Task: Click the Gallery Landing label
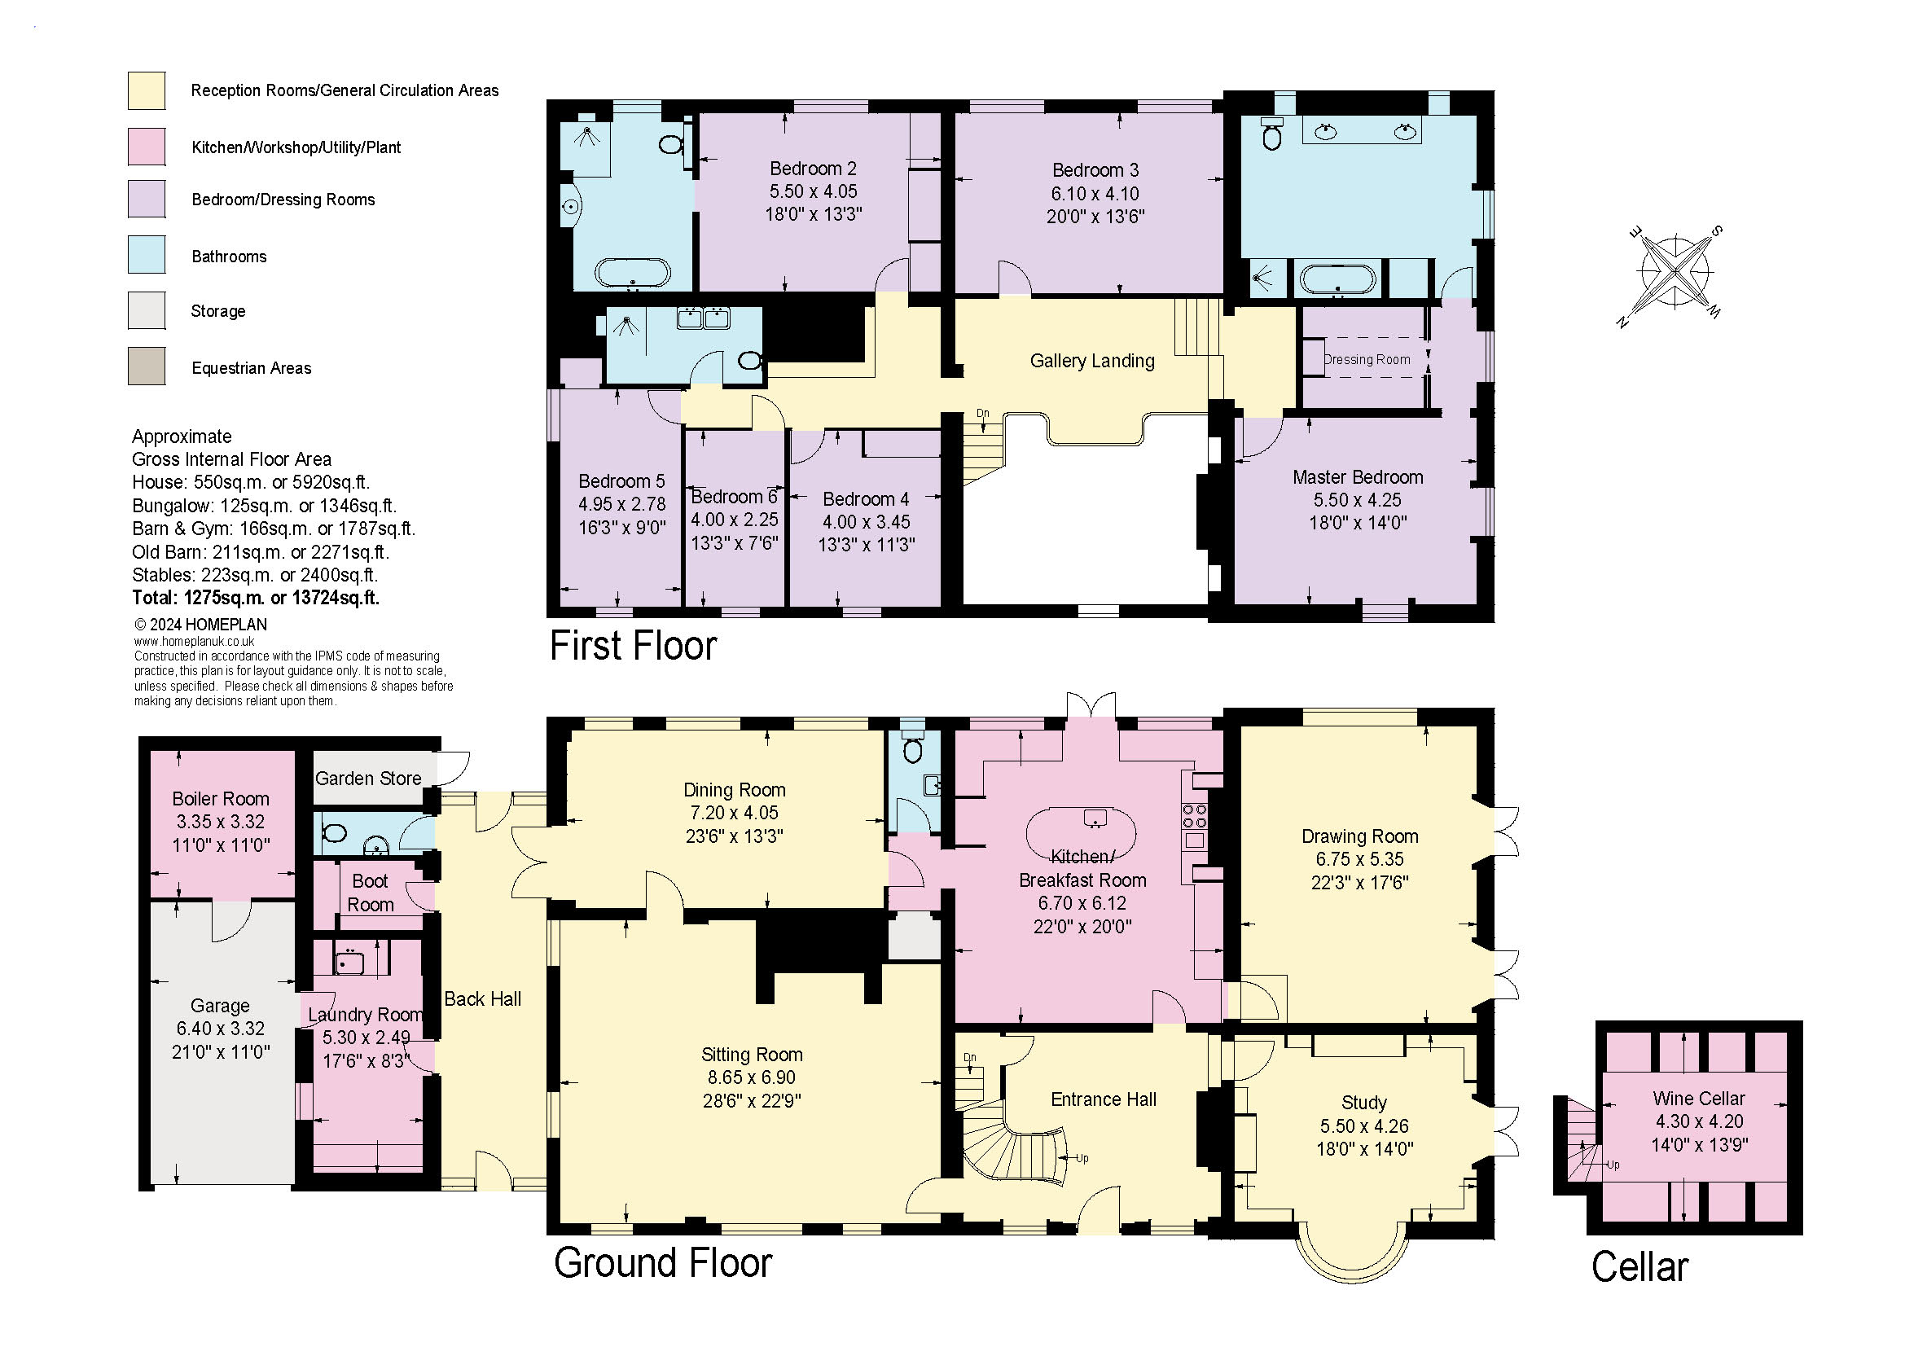click(x=1092, y=361)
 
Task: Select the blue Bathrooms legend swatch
click(x=146, y=255)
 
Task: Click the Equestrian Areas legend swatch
click(x=146, y=366)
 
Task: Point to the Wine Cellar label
click(x=1698, y=1098)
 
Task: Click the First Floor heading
click(x=633, y=646)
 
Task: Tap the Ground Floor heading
click(x=663, y=1263)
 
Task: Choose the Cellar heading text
click(x=1639, y=1267)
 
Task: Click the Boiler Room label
click(x=221, y=799)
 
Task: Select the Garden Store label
click(x=367, y=778)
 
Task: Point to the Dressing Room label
click(x=1367, y=359)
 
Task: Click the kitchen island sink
click(x=1095, y=818)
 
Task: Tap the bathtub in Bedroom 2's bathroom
click(x=633, y=272)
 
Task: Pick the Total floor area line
click(x=256, y=597)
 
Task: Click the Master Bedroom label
click(x=1358, y=477)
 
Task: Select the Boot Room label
click(x=370, y=893)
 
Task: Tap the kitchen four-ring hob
click(x=1195, y=815)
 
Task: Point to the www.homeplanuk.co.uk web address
click(x=194, y=641)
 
